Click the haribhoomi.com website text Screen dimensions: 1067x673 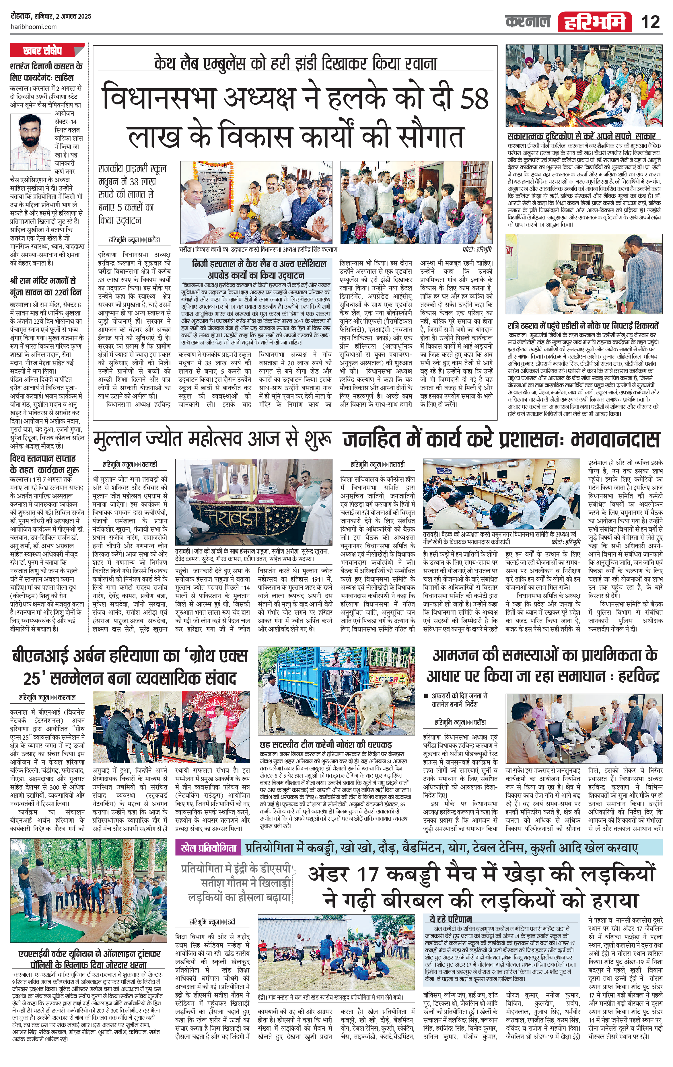(33, 27)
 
